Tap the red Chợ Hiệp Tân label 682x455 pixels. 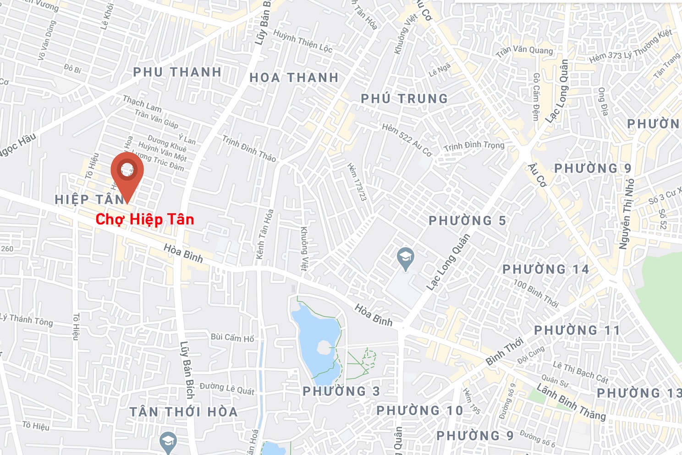tap(145, 219)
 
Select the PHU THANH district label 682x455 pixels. tap(177, 72)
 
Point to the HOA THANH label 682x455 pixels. tap(294, 78)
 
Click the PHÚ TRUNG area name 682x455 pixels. tap(404, 99)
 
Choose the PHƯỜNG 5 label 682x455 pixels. tap(467, 221)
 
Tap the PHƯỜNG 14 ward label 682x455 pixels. tap(545, 269)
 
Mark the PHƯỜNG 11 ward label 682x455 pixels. tap(577, 330)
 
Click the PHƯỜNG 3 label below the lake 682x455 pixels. tap(341, 391)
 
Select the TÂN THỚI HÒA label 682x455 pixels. tap(183, 412)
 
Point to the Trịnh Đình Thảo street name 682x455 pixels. tap(249, 149)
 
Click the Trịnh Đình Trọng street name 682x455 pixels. tap(474, 146)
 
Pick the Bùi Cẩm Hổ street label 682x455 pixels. tap(232, 338)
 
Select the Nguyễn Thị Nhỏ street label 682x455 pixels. tap(627, 214)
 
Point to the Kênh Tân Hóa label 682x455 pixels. tap(265, 234)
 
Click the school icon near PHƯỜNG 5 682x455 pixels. tap(406, 258)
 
